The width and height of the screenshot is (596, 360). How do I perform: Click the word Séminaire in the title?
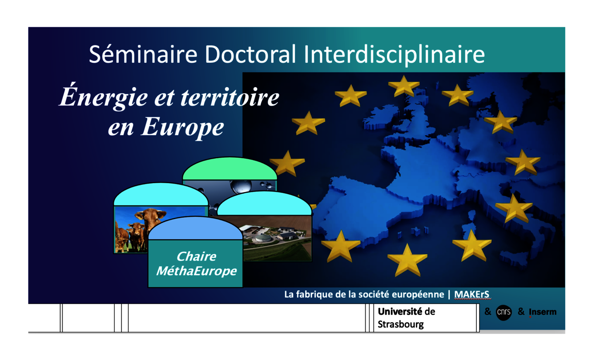[143, 54]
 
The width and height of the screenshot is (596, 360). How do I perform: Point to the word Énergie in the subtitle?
[103, 97]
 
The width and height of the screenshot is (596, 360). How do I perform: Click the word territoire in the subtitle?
[230, 97]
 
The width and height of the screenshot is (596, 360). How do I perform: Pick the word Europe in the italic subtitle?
[182, 128]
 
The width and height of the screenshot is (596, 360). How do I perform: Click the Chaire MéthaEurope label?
[196, 264]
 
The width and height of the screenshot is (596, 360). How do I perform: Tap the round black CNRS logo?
[503, 312]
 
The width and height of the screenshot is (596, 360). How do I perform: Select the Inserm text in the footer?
[543, 312]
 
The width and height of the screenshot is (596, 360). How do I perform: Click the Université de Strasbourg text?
[406, 318]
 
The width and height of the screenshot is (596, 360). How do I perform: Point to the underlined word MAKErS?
[472, 294]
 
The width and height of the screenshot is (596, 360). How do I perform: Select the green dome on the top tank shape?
[230, 168]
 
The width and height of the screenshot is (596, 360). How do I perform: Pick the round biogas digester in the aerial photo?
[263, 237]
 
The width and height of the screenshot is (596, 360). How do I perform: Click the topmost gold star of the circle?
[404, 86]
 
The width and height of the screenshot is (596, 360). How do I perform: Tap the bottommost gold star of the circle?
[407, 260]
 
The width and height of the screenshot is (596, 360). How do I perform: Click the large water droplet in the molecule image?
[242, 186]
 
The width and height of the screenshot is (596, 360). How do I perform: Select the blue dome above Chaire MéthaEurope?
[195, 228]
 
